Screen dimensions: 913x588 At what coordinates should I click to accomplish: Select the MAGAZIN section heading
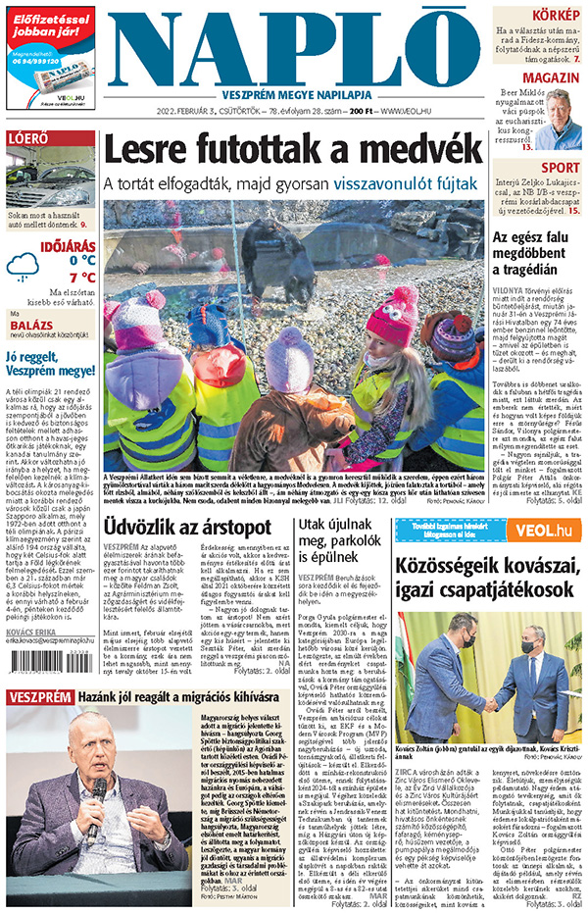(x=550, y=77)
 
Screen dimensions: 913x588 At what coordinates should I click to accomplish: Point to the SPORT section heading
(x=561, y=167)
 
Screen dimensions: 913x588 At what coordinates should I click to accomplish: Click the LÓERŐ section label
(x=28, y=139)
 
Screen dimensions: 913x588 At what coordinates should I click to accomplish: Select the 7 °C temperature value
(x=81, y=278)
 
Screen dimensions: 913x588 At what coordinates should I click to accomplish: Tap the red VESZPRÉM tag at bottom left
(x=39, y=697)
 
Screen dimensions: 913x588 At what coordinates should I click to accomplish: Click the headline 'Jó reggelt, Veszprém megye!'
(x=49, y=364)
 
